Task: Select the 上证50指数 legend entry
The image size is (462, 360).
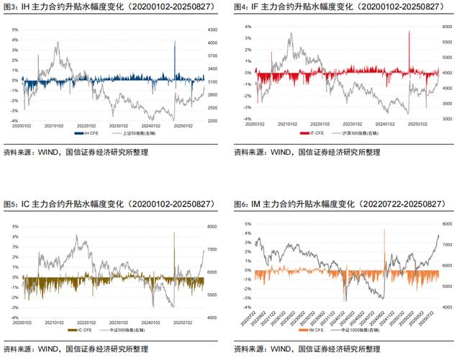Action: point(137,133)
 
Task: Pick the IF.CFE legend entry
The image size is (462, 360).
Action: point(317,133)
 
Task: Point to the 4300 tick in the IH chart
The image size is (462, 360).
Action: point(212,30)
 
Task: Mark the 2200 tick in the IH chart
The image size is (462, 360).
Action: point(212,121)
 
